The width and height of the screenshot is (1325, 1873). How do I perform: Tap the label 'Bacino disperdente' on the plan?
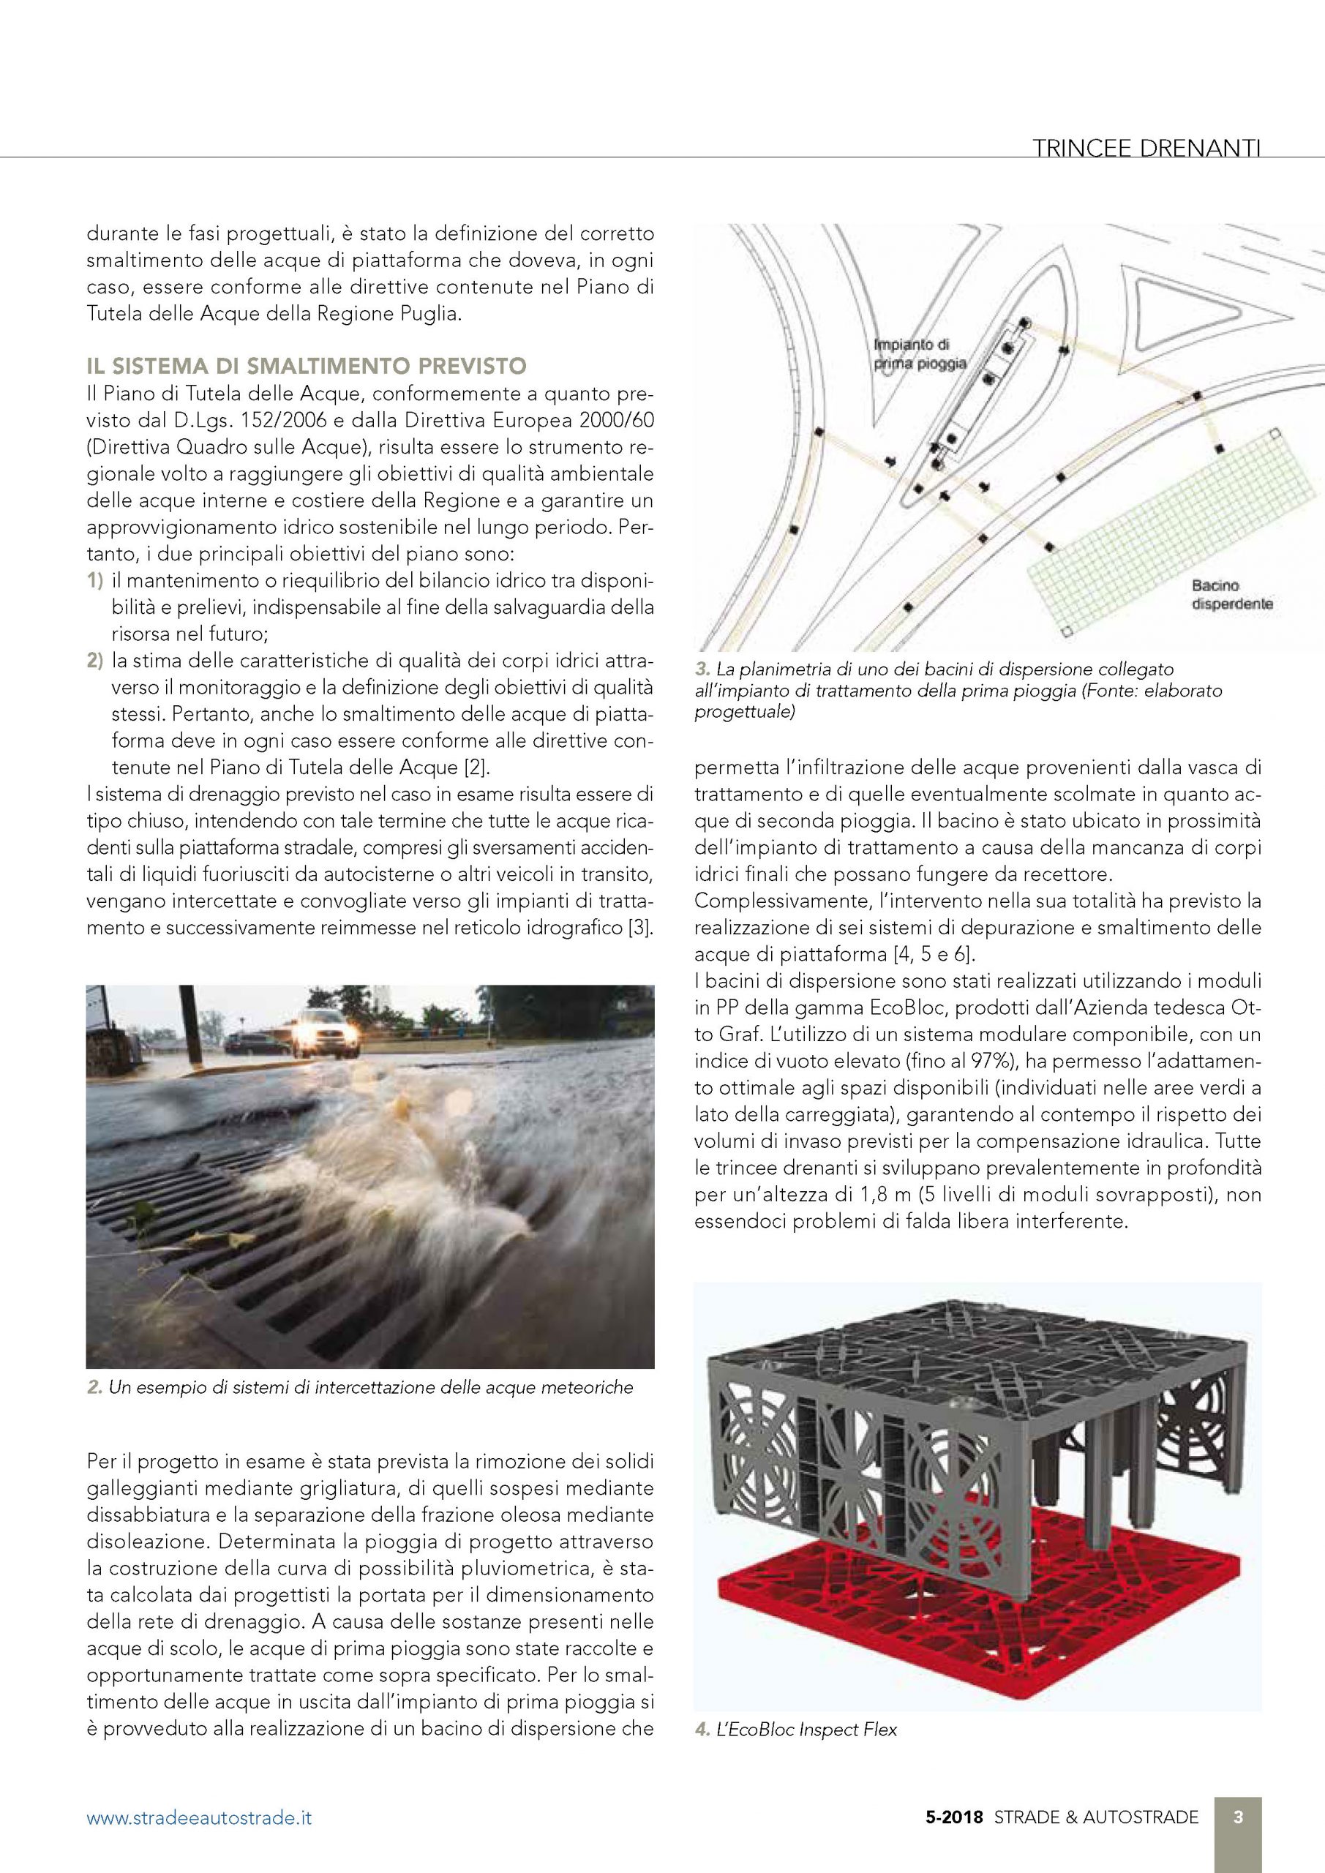click(1231, 595)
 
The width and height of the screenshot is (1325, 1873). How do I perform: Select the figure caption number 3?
click(702, 669)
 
